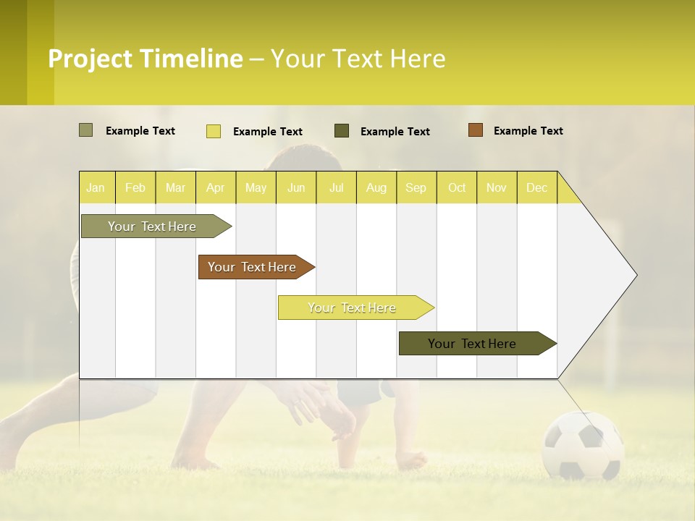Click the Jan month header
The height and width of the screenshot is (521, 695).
coord(96,187)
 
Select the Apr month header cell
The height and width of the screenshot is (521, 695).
coord(216,187)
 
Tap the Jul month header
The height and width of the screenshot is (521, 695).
coord(336,187)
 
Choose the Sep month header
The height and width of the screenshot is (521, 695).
coord(416,187)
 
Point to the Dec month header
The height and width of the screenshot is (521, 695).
coord(536,187)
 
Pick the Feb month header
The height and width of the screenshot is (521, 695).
coord(135,187)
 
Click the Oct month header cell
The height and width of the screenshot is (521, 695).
coord(457,187)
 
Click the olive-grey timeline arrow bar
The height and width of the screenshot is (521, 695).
coord(152,226)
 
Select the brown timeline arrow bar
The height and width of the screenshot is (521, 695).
coord(253,267)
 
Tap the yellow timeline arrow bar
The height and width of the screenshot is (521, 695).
coord(352,308)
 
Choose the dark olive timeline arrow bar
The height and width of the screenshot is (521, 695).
coord(473,344)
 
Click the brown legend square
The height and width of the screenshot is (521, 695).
coord(476,130)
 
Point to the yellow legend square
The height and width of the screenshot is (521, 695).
coord(214,131)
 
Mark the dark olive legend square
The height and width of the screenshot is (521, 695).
coord(342,131)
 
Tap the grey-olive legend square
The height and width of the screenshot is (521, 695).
coord(86,130)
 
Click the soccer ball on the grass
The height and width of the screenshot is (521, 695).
coord(583,446)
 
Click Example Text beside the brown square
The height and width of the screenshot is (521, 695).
coord(528,131)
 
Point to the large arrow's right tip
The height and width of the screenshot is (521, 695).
coord(635,275)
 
